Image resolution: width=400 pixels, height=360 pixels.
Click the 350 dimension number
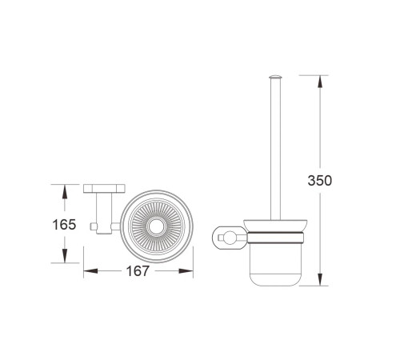tap(320, 181)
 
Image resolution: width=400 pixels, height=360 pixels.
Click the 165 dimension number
tap(64, 225)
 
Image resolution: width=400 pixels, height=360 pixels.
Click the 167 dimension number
tap(138, 271)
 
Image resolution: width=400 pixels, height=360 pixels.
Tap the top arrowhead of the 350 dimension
tap(320, 82)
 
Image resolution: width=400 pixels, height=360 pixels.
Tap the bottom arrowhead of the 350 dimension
tap(320, 279)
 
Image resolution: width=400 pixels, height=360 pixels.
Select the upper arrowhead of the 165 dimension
tap(64, 191)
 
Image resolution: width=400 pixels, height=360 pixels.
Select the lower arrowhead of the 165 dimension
tap(64, 255)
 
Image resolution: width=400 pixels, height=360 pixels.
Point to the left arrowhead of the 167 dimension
tap(90, 271)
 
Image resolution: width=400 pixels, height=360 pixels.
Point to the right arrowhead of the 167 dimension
tap(186, 271)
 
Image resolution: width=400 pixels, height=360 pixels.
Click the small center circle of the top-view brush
tap(156, 226)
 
